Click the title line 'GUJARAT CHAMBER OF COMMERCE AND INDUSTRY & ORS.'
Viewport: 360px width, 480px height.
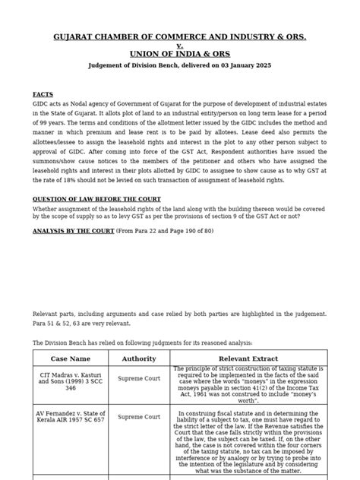coord(179,36)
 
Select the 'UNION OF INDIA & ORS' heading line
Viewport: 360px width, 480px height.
coord(180,54)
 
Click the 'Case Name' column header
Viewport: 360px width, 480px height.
coord(70,358)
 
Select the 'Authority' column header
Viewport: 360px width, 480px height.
coord(139,358)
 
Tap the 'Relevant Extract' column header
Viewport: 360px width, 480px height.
coord(248,358)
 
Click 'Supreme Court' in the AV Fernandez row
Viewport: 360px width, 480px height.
coord(139,416)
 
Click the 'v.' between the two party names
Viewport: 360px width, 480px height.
coord(180,45)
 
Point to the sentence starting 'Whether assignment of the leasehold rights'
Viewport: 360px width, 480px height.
coord(179,210)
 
